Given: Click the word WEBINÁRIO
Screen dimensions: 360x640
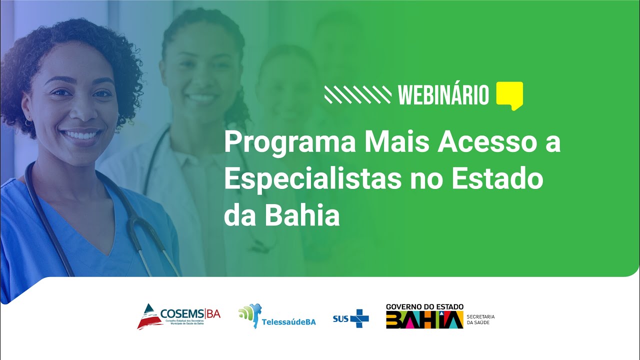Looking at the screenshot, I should (443, 94).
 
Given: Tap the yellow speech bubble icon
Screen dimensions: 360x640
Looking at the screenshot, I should (509, 95).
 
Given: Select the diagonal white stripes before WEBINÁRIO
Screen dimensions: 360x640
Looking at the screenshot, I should (357, 94).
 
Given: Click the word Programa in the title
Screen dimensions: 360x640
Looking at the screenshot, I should (290, 143).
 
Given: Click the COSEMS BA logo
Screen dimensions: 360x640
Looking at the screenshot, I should (178, 316).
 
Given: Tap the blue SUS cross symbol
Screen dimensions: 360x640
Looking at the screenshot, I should (359, 318).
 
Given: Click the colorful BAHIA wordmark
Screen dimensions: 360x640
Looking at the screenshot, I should (424, 319).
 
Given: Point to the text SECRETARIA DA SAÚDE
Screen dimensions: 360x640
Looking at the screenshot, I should (480, 319).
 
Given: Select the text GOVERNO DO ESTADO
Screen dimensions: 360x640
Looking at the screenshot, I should (424, 306).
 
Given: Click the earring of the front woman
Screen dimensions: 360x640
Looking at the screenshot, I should (28, 122).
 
